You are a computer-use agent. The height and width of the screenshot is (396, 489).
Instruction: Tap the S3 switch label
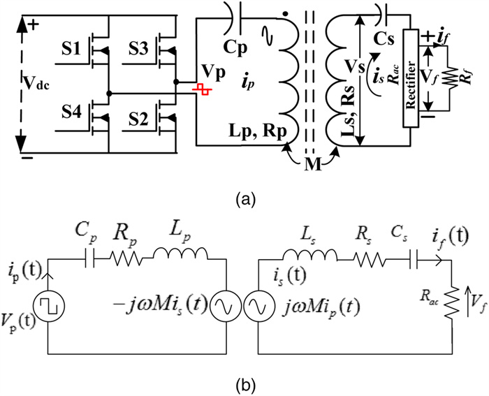(x=143, y=50)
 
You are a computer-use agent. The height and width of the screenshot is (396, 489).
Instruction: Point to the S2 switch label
(x=143, y=116)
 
